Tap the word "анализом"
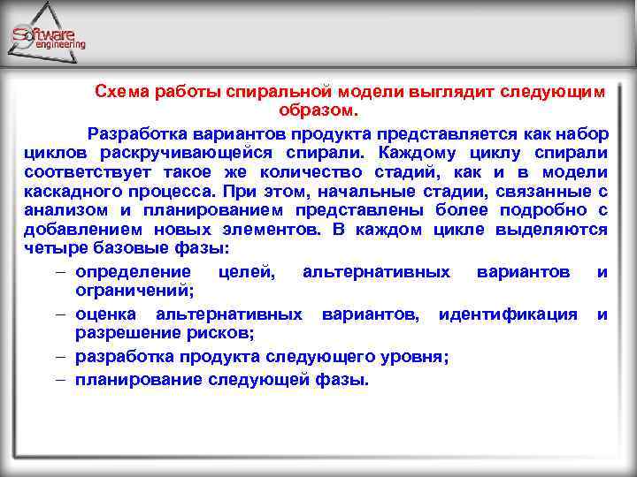[x=61, y=210]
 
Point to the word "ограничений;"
[x=134, y=291]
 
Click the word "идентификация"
[x=508, y=314]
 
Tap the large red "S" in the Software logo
[x=21, y=36]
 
